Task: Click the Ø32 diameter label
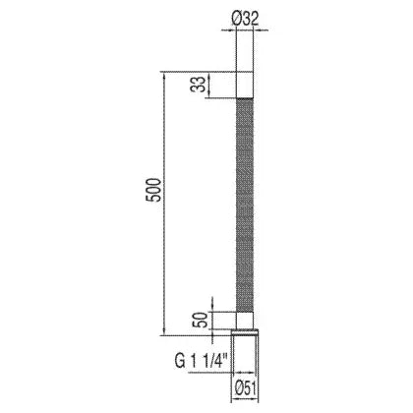tap(245, 20)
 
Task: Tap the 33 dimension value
tap(199, 85)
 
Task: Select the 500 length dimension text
tap(154, 190)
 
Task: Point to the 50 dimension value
tap(200, 320)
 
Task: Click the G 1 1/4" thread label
tap(204, 362)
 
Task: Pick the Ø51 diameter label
tap(245, 389)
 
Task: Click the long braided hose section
tap(245, 205)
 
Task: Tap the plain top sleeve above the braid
tap(245, 85)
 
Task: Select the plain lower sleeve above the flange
tap(245, 321)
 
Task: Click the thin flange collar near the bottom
tap(245, 332)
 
